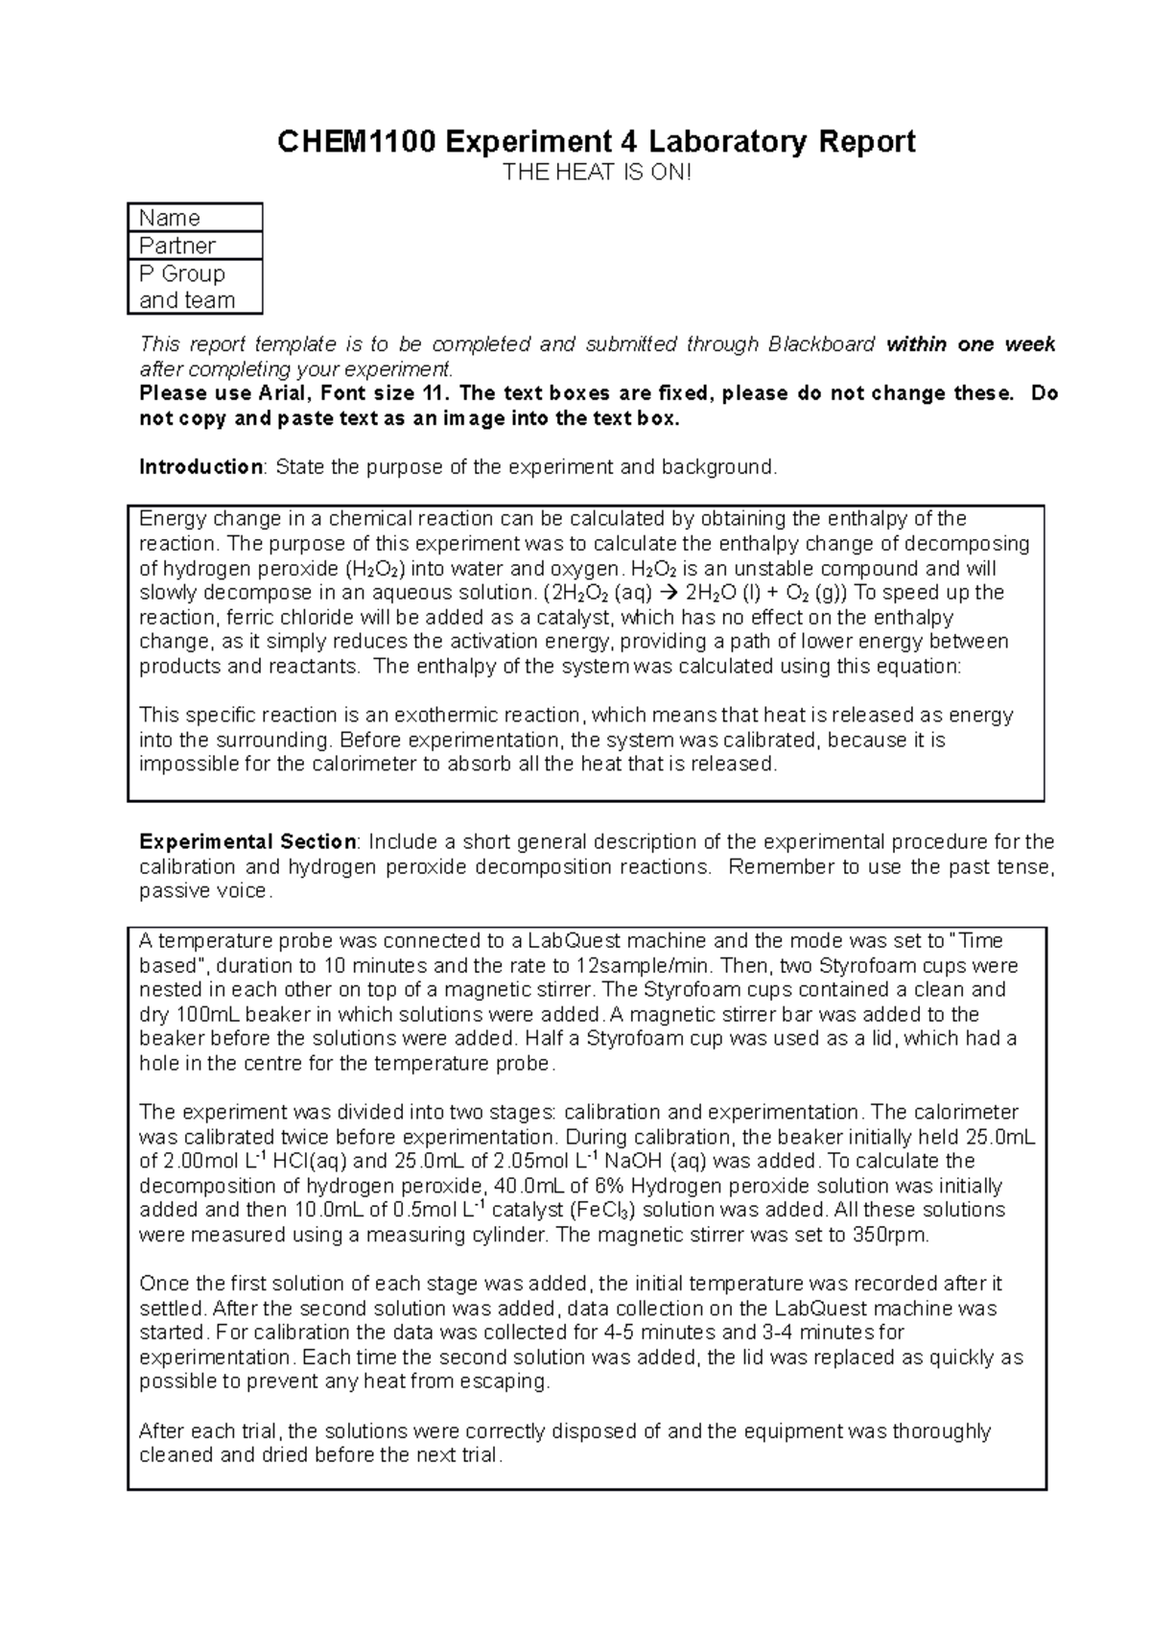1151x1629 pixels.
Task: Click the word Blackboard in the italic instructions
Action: coord(821,344)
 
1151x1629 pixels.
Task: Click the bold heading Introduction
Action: coord(200,467)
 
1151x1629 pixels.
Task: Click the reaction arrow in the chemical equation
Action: coord(669,593)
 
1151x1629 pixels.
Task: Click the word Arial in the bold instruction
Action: coord(279,394)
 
